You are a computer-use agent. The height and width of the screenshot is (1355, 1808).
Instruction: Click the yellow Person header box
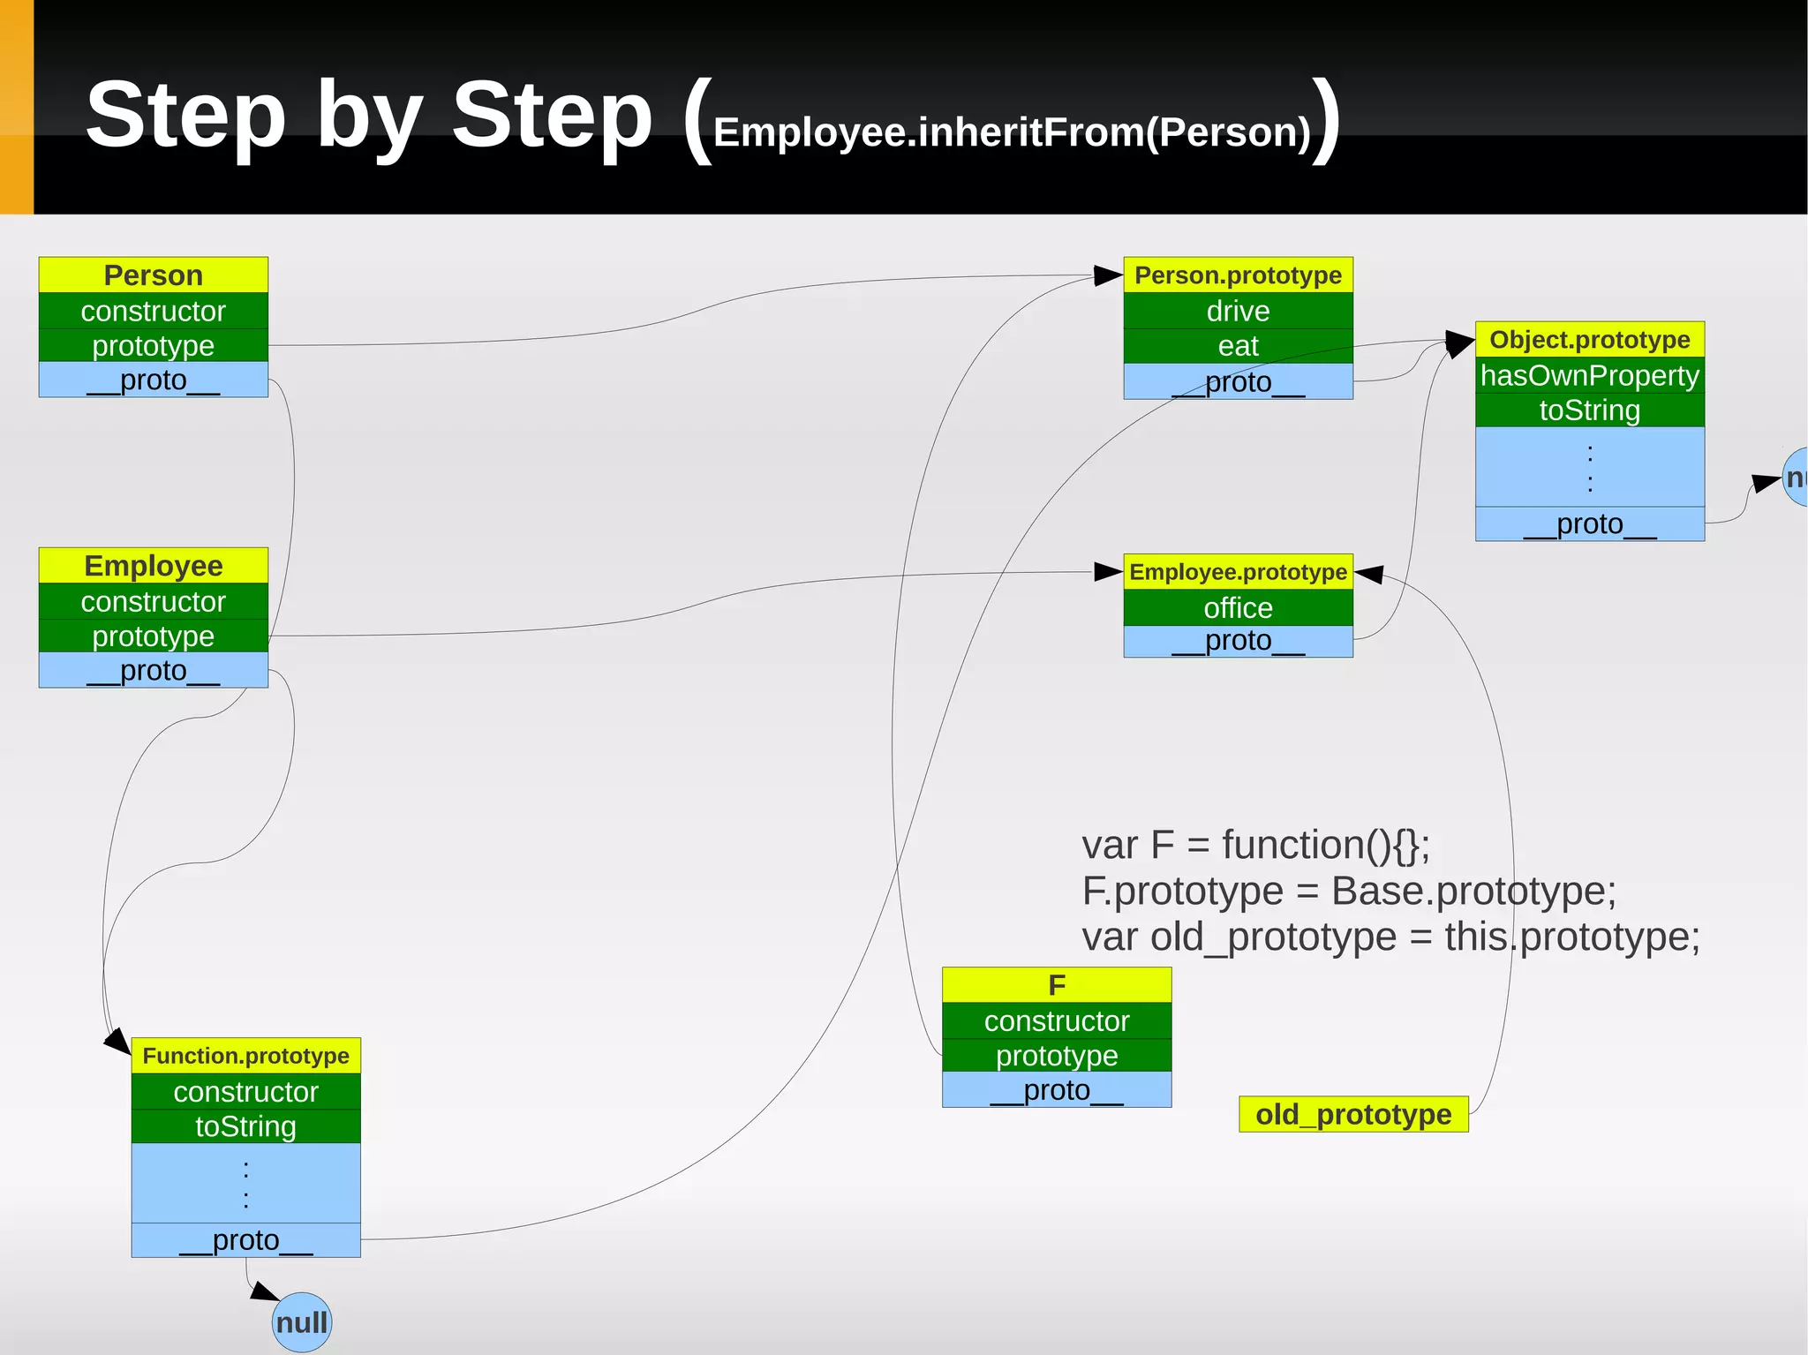click(153, 275)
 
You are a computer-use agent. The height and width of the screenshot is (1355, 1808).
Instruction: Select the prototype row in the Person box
click(153, 345)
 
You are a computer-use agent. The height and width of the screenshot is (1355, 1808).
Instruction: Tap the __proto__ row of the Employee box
click(153, 671)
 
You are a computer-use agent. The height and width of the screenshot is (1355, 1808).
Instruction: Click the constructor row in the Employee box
click(153, 601)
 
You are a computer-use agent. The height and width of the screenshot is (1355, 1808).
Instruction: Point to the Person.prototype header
click(1238, 275)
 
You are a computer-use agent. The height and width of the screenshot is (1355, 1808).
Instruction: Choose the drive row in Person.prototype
click(1238, 311)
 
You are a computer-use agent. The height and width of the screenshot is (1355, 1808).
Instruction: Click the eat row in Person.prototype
click(1238, 346)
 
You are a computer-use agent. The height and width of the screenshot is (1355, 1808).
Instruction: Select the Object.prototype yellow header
click(1589, 340)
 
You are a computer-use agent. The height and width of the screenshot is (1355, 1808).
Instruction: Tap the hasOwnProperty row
click(1589, 375)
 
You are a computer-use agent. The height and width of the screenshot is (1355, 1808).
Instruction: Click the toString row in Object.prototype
click(1589, 410)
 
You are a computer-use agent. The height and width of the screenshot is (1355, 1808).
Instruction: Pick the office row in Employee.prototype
click(1238, 607)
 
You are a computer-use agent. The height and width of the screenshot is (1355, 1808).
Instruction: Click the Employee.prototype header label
click(1238, 572)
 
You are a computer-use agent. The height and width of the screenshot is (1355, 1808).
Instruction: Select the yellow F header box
click(1057, 985)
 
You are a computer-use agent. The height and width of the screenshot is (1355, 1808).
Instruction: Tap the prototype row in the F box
click(1057, 1056)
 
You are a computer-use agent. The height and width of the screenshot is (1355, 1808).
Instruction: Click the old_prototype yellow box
click(1353, 1114)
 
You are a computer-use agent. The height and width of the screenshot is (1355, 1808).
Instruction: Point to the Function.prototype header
click(245, 1056)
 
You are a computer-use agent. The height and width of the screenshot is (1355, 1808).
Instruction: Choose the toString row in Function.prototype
click(245, 1126)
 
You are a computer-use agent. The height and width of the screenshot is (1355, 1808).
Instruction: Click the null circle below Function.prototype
click(302, 1322)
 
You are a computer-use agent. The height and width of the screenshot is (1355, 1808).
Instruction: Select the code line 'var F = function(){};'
click(1255, 845)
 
